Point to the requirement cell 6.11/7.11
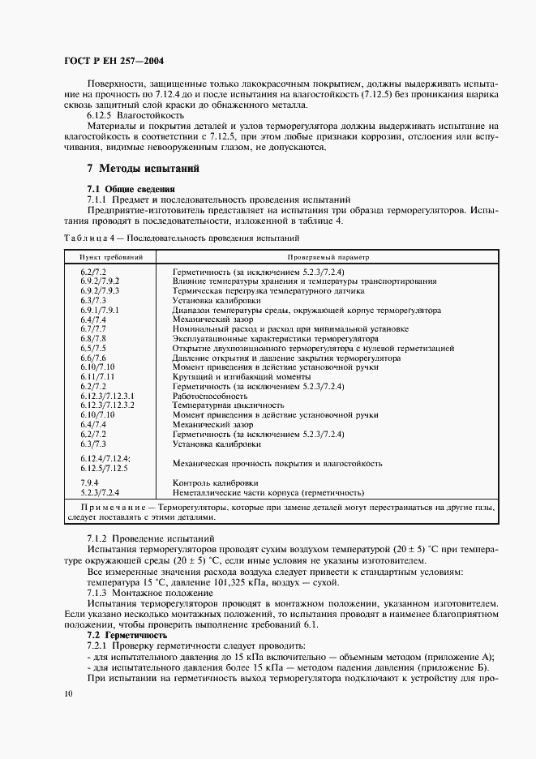[x=97, y=376]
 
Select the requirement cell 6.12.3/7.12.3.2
[x=107, y=404]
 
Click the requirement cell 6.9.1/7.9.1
[x=100, y=310]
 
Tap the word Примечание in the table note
[x=111, y=505]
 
